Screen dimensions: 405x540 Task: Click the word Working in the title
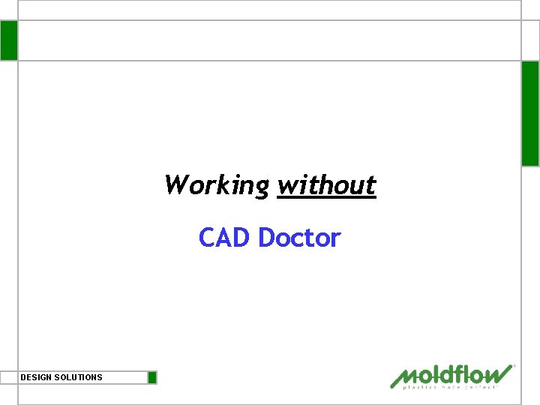coord(216,184)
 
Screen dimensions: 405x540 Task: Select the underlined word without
coord(326,184)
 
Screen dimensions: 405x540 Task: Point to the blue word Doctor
coord(299,238)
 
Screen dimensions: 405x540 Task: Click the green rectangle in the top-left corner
coord(8,40)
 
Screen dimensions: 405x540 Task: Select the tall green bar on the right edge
coord(530,113)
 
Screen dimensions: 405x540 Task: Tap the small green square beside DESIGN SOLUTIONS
coord(152,377)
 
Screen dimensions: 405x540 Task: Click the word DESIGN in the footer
coord(36,377)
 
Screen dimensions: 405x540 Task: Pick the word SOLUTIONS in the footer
coord(78,377)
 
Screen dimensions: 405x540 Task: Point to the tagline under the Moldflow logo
coord(450,387)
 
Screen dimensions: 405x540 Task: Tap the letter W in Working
coord(175,184)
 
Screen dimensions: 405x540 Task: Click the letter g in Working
coord(261,187)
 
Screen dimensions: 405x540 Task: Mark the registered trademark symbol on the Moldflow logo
coord(514,367)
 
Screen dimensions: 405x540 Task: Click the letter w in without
coord(286,185)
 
